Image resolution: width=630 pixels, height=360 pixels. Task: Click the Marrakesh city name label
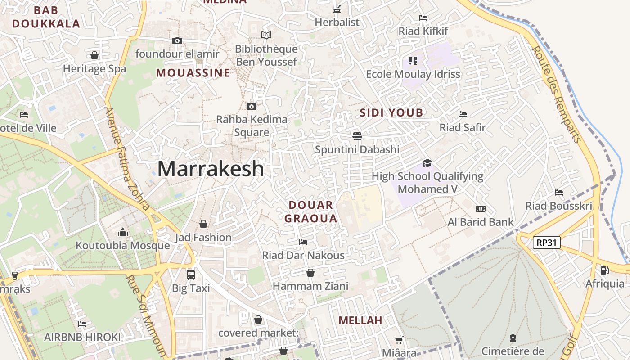[x=211, y=169]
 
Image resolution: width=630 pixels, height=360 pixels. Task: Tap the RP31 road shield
[x=547, y=243]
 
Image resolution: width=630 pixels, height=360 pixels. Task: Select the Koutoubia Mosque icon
[x=123, y=233]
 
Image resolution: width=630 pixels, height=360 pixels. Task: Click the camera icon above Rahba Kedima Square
[x=252, y=107]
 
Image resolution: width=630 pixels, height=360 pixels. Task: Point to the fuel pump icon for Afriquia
[x=604, y=270]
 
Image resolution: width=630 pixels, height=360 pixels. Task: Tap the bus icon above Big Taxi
[x=191, y=274]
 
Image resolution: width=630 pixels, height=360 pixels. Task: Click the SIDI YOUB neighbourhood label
[x=391, y=113]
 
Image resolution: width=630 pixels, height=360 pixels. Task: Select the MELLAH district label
[x=360, y=320]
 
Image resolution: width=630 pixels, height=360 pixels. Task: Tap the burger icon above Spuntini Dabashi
[x=357, y=136]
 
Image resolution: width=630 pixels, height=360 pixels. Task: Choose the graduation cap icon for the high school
[x=427, y=163]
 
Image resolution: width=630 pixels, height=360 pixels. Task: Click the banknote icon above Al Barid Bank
[x=481, y=209]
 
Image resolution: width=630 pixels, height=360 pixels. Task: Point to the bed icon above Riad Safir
[x=462, y=114]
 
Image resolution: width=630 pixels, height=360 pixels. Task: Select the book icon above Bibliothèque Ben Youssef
[x=266, y=35]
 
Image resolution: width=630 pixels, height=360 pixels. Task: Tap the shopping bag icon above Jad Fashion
[x=203, y=224]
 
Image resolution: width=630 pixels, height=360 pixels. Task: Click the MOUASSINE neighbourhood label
[x=193, y=73]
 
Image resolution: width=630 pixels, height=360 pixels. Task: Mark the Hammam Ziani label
[x=310, y=286]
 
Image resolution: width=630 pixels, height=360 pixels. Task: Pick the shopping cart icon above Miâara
[x=399, y=340]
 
